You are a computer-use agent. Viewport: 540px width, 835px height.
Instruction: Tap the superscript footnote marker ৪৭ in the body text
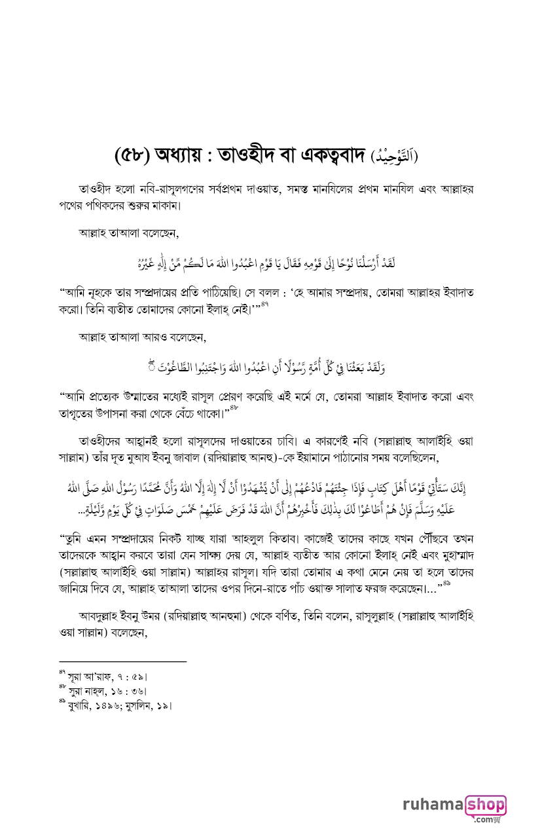(x=264, y=304)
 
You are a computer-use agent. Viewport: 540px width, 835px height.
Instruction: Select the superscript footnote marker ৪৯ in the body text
(x=446, y=582)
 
